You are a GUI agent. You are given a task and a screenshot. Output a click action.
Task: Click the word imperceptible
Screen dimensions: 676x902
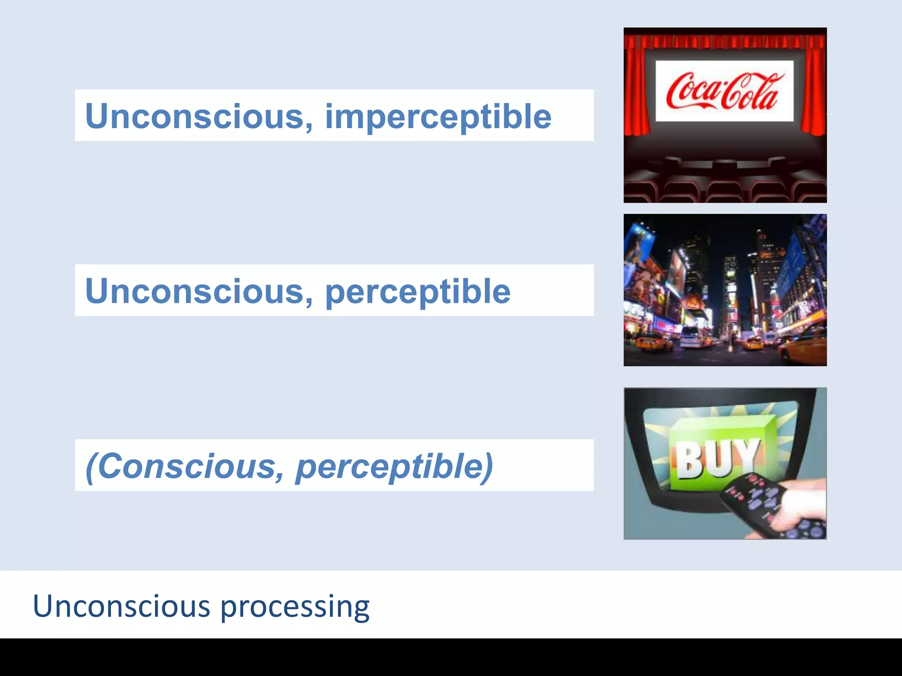pos(438,117)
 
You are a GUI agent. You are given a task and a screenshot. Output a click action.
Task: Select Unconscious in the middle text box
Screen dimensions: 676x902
pos(194,291)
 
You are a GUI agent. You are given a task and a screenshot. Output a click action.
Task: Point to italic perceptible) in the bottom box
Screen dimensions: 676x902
pos(394,467)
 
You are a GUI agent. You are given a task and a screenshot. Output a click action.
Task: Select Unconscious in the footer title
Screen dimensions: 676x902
pos(121,606)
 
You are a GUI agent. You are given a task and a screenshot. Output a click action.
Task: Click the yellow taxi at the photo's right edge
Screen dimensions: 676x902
pos(804,345)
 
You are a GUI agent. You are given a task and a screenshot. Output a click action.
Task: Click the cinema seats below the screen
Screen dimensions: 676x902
pos(725,187)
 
